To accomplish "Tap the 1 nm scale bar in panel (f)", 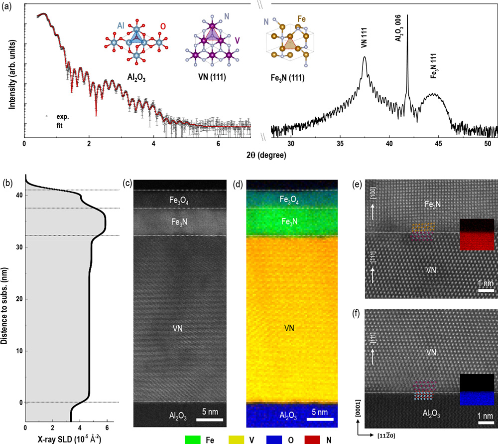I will click(486, 424).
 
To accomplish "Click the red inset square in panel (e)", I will click(477, 241).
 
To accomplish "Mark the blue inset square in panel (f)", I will click(477, 399).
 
